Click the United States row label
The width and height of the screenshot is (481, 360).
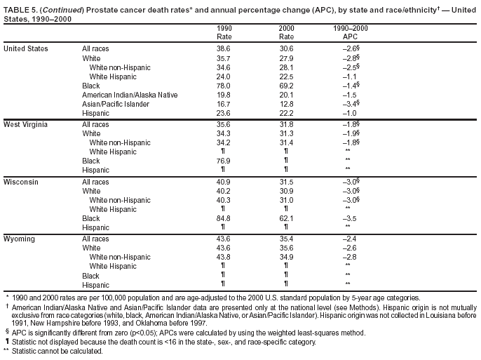pos(26,48)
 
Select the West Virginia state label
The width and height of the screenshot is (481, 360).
pos(26,124)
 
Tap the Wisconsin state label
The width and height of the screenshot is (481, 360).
pos(21,181)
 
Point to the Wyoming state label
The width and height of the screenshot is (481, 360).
pos(20,239)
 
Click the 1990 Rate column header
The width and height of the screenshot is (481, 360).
pos(224,32)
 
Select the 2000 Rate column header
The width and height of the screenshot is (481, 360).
pos(287,32)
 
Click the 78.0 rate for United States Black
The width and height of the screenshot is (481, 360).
pos(224,86)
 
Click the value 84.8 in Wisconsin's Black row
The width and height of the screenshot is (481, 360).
pos(224,218)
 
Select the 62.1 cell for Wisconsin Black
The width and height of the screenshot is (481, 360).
pos(287,218)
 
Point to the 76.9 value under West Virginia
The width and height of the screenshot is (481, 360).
pos(224,161)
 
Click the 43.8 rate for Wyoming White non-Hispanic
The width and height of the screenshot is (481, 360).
pos(224,257)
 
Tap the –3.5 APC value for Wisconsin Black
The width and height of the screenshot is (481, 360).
pos(348,218)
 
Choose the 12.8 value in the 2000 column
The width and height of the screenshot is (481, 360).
pos(287,105)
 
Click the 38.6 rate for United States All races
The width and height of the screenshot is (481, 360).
pos(224,48)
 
